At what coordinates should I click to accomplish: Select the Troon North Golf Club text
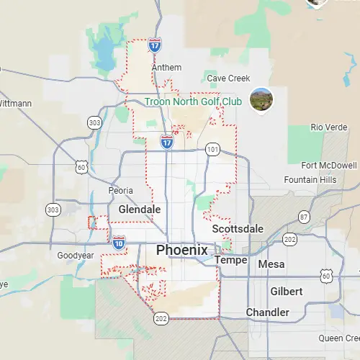point(193,102)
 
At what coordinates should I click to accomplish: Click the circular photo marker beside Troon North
point(261,99)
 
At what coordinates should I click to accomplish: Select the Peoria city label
point(120,191)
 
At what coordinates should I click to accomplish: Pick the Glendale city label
point(139,209)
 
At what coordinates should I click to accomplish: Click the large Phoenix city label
point(182,251)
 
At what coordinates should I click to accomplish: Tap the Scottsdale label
point(238,228)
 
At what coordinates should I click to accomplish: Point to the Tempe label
point(232,260)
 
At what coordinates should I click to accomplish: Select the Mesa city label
point(271,264)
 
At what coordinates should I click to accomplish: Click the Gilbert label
point(286,291)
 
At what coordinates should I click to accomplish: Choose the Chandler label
point(267,312)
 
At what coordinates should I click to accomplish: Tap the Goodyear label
point(76,256)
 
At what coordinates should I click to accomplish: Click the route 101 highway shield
point(212,150)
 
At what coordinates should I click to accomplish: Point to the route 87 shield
point(305,217)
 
